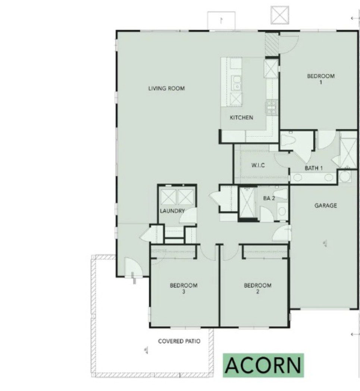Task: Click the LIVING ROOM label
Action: pyautogui.click(x=166, y=88)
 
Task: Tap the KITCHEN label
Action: pyautogui.click(x=241, y=117)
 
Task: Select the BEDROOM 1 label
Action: pyautogui.click(x=320, y=79)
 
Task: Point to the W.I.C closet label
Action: pyautogui.click(x=258, y=165)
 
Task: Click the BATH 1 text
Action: pyautogui.click(x=314, y=168)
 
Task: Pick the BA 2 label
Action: pyautogui.click(x=269, y=198)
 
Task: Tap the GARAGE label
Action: pyautogui.click(x=326, y=205)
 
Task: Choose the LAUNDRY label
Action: pyautogui.click(x=172, y=211)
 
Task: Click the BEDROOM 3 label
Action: pyautogui.click(x=184, y=288)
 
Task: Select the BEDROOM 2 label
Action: pyautogui.click(x=257, y=288)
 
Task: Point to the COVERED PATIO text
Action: pyautogui.click(x=179, y=341)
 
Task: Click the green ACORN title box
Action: pyautogui.click(x=263, y=365)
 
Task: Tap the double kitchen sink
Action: pyautogui.click(x=236, y=83)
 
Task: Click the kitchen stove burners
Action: pyautogui.click(x=271, y=107)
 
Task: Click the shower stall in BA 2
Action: pyautogui.click(x=247, y=202)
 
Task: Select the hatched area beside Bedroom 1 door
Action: pyautogui.click(x=272, y=45)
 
